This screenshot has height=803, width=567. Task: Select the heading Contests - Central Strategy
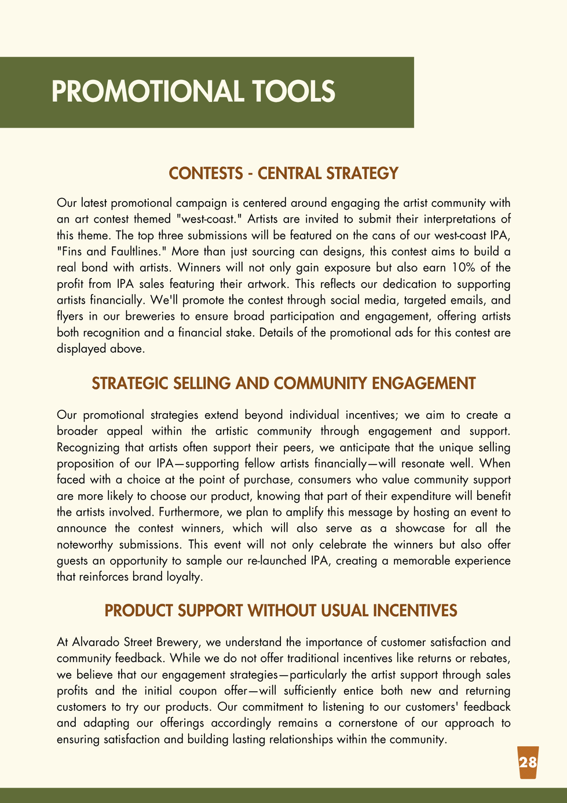pos(283,173)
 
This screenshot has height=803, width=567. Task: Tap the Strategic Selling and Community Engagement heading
pos(283,384)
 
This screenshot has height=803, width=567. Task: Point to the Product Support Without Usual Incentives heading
pos(281,611)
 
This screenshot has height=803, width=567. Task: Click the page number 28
pos(528,762)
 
